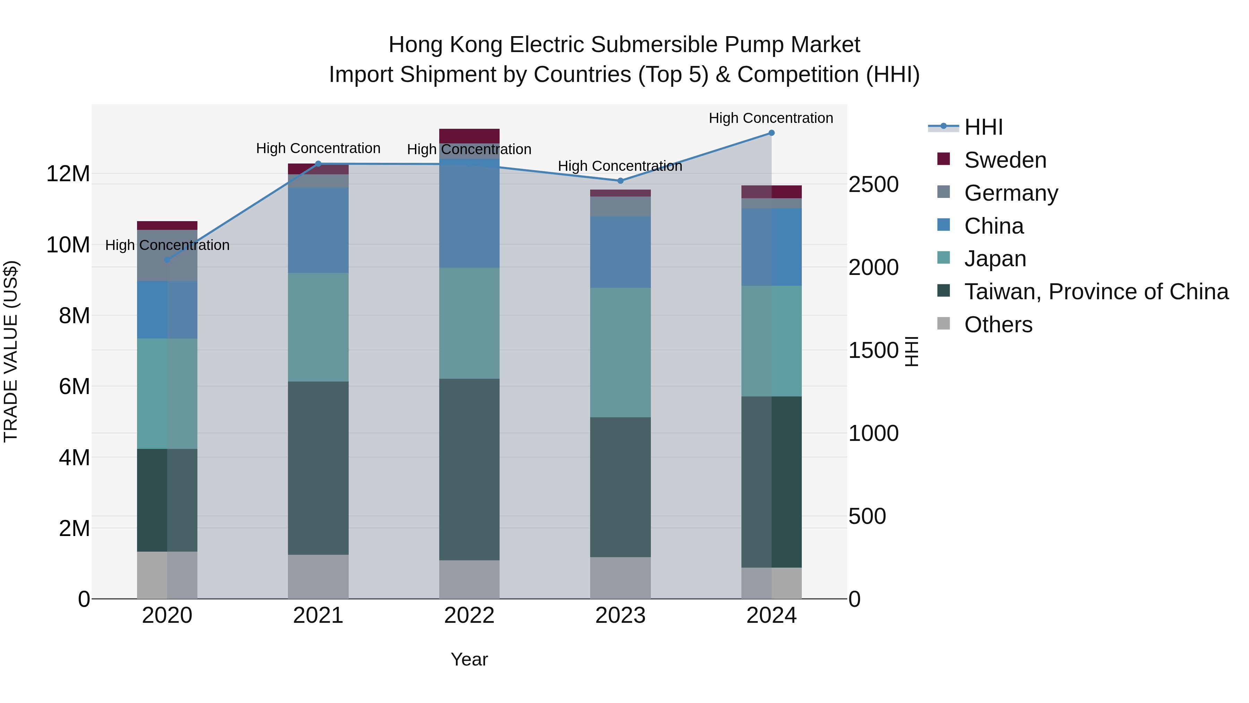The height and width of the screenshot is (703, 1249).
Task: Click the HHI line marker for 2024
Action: (x=771, y=133)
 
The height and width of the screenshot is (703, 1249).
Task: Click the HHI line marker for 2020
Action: (x=167, y=260)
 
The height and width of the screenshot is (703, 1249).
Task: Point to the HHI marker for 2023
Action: (x=620, y=181)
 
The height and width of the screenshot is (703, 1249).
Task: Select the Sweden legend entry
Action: (x=1005, y=160)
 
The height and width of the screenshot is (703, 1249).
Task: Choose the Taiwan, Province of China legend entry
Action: (x=1096, y=292)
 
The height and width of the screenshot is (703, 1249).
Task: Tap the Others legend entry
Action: (x=998, y=325)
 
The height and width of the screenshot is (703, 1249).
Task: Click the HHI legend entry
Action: (x=983, y=127)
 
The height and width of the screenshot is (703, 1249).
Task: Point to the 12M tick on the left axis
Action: (x=68, y=174)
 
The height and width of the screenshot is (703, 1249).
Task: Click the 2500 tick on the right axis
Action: (x=873, y=184)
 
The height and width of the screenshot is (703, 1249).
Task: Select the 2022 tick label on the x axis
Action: (x=469, y=616)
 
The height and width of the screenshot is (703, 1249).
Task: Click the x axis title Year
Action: (x=469, y=659)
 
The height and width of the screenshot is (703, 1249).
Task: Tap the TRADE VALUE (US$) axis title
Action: (x=11, y=351)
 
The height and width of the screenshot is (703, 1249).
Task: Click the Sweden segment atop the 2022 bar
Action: (x=469, y=135)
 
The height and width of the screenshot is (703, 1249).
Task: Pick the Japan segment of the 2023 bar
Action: (x=620, y=352)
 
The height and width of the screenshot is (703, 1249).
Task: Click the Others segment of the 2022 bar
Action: (x=469, y=579)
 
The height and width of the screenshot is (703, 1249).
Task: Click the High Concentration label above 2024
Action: (x=771, y=118)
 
